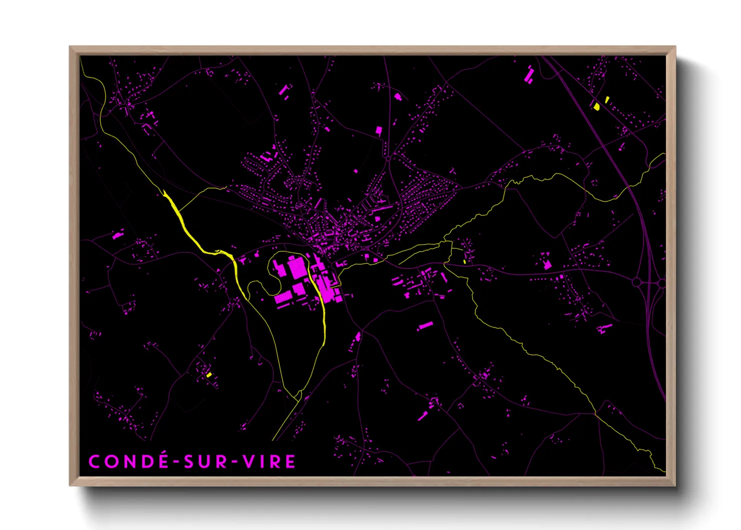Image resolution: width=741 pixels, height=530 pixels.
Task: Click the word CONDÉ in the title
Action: (129, 461)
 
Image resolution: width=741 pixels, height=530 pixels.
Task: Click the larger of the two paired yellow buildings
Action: (596, 107)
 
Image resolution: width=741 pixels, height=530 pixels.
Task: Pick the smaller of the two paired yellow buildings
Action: (607, 99)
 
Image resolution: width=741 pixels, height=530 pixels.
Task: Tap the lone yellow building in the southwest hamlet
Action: (209, 375)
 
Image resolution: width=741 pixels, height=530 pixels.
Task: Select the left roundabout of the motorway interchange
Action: (636, 283)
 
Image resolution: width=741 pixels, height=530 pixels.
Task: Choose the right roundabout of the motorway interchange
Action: (662, 284)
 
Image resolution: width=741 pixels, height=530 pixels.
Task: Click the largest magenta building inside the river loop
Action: (297, 269)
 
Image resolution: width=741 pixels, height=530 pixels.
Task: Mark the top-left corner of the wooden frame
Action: (70, 47)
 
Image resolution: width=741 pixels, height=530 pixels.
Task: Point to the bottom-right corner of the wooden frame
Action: (675, 485)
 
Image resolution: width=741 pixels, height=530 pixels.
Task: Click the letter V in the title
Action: (249, 461)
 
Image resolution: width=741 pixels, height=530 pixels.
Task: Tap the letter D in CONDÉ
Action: (148, 461)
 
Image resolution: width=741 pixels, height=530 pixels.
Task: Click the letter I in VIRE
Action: (262, 461)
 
